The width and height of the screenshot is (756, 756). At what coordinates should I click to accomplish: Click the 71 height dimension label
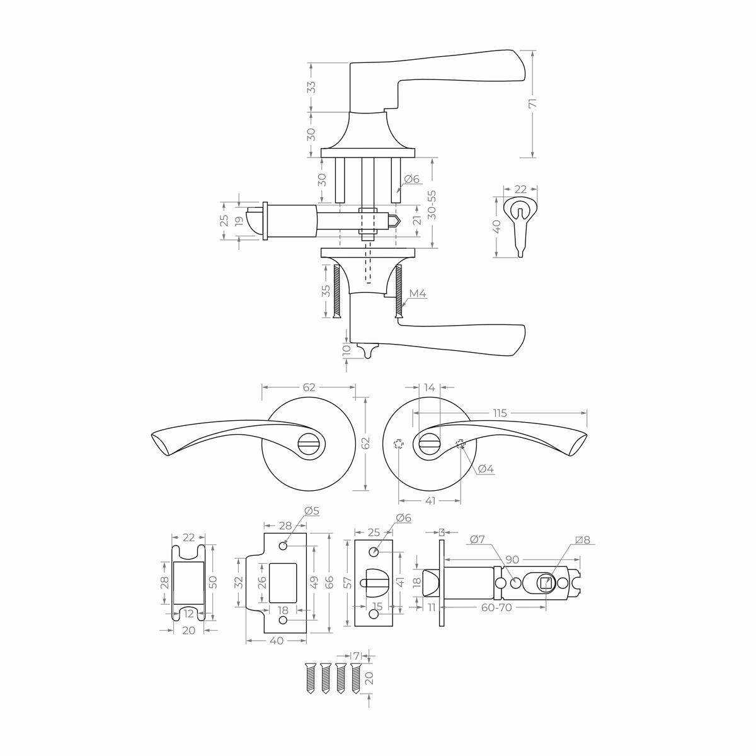(x=532, y=103)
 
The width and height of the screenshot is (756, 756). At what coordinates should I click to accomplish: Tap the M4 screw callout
(x=418, y=293)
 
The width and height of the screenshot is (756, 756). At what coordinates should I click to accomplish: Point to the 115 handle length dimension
(x=500, y=413)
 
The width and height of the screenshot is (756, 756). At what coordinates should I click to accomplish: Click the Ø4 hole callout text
(x=486, y=469)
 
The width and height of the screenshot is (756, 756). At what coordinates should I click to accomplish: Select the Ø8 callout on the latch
(x=583, y=540)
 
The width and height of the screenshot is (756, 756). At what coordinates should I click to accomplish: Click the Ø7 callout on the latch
(x=478, y=539)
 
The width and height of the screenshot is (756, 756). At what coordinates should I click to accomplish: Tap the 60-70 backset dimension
(x=497, y=608)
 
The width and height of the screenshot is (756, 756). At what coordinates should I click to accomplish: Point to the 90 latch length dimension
(x=513, y=559)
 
